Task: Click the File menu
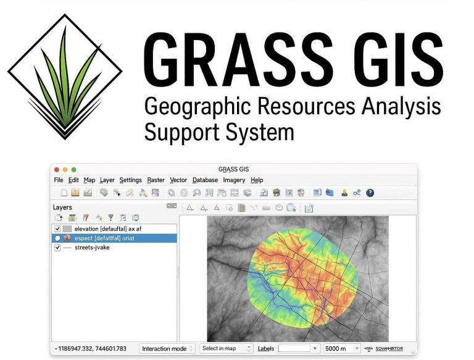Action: tap(59, 180)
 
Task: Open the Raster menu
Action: tap(156, 180)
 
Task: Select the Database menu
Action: tap(205, 180)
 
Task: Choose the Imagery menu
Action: tap(234, 180)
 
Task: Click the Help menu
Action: tap(257, 180)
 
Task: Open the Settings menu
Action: tap(130, 180)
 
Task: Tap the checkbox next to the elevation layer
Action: tap(57, 229)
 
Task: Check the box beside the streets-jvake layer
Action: tap(57, 248)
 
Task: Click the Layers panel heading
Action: tap(62, 207)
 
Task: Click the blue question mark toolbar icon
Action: tap(370, 193)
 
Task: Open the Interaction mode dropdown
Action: tap(167, 349)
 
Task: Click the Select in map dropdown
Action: tap(226, 349)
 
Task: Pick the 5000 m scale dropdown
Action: tap(342, 349)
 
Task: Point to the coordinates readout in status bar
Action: tap(91, 349)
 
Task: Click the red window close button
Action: tap(57, 169)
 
